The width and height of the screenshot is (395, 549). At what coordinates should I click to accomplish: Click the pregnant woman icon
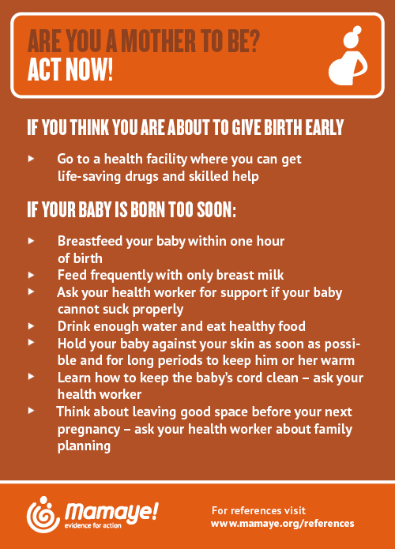coord(348,55)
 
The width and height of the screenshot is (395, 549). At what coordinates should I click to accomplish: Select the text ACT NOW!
coord(70,70)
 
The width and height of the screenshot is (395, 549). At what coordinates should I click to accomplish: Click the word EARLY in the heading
coord(324,127)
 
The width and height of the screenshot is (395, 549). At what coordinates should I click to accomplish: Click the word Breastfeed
coord(90,241)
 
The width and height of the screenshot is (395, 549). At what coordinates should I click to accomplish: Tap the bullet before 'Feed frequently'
coord(31,275)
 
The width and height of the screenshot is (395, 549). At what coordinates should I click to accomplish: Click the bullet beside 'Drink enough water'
coord(31,326)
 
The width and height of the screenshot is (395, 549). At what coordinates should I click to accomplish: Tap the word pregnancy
coord(89,429)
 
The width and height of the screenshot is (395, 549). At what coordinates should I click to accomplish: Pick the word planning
coord(84,446)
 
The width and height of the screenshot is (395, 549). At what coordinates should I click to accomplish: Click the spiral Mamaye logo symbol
coord(43,515)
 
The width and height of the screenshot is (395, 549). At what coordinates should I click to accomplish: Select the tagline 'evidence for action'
coord(92,525)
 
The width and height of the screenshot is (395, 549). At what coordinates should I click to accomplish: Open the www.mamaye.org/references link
coord(283,524)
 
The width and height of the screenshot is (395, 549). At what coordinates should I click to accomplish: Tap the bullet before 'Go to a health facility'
coord(31,159)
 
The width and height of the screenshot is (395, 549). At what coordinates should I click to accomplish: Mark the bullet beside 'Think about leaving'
coord(31,410)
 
